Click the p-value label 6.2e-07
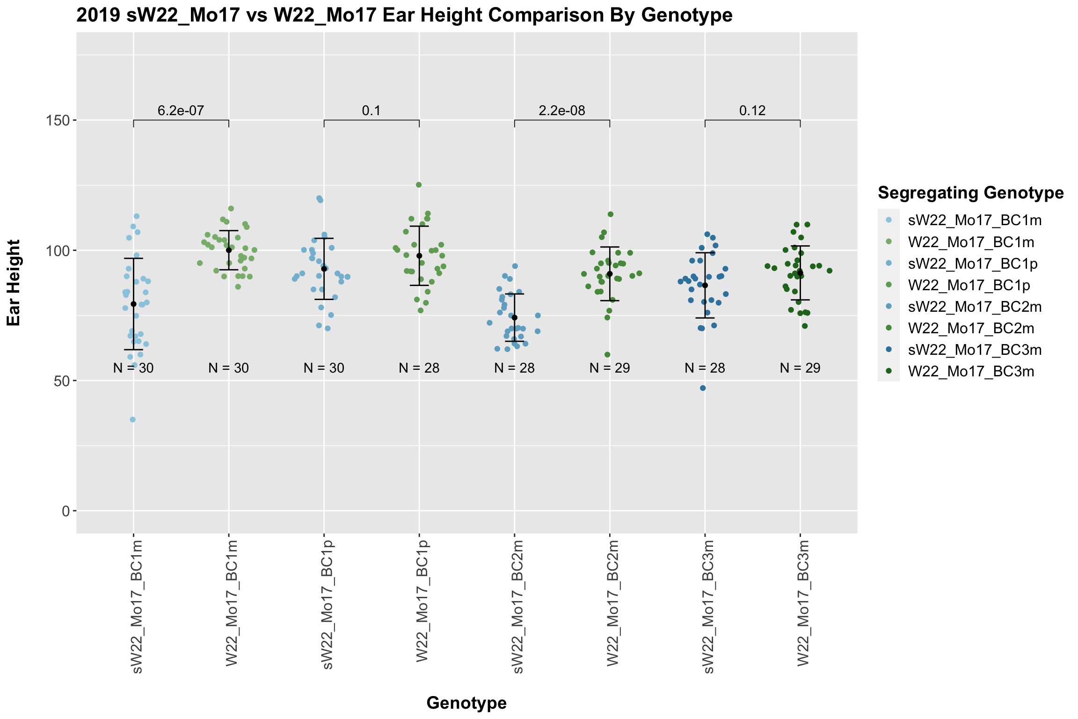(x=181, y=111)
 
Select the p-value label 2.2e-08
(x=562, y=111)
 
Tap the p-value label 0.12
(x=752, y=111)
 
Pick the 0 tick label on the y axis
(x=66, y=511)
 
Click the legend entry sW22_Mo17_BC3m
(x=975, y=350)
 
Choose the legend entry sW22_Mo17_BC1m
(x=975, y=220)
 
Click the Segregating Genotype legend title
(x=971, y=192)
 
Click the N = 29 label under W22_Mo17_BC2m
(x=610, y=368)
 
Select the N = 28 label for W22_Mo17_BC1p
(x=419, y=368)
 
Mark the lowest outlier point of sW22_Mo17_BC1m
(x=133, y=419)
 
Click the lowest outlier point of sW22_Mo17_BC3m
(x=703, y=388)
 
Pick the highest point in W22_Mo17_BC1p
(x=419, y=185)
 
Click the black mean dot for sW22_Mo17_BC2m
(x=515, y=318)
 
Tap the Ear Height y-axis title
(x=14, y=283)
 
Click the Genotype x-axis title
(x=466, y=703)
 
